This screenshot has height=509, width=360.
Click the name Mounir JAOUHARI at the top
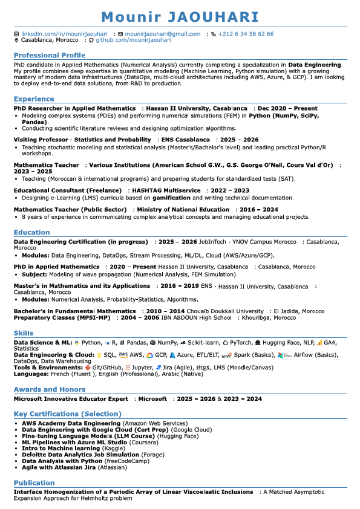click(x=180, y=17)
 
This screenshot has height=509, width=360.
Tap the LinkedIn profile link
click(x=64, y=34)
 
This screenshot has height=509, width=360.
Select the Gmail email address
click(x=162, y=34)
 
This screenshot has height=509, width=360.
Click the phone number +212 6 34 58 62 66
click(x=246, y=34)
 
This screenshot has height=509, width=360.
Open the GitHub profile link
click(x=133, y=40)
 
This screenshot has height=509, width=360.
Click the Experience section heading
click(x=34, y=99)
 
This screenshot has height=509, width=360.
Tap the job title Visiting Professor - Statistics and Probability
click(x=82, y=140)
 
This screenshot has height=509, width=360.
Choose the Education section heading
click(x=32, y=232)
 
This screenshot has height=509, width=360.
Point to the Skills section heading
click(x=24, y=333)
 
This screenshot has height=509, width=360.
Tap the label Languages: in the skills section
click(x=31, y=374)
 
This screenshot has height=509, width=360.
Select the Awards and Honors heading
click(x=50, y=389)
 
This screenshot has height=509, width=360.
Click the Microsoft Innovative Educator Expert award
click(x=71, y=399)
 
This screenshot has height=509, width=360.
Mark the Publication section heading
click(x=34, y=482)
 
